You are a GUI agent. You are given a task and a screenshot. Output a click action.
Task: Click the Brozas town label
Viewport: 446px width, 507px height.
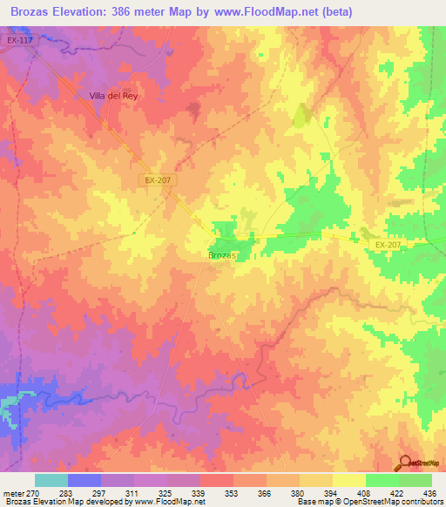(x=223, y=255)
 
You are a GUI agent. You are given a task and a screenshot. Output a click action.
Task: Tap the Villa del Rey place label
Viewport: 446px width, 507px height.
(x=114, y=96)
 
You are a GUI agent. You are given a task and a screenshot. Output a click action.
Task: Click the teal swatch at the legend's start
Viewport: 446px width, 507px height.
(x=51, y=480)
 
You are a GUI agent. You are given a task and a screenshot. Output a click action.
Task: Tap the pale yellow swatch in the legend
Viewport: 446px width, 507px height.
(x=349, y=480)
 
